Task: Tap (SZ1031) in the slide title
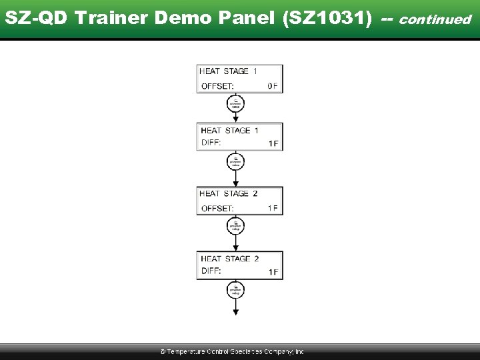327,18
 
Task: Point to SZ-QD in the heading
36,18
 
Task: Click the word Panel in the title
251,18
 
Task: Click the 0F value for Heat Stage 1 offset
272,86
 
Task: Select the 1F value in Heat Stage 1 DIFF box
273,143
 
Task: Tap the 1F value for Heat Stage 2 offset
272,208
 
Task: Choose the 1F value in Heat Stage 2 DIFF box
273,272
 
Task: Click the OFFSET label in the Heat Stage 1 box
217,86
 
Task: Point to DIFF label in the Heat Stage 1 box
211,143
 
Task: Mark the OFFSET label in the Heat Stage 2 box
217,208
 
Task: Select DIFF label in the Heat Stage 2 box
211,272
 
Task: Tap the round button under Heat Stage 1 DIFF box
235,161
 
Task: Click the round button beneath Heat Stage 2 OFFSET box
235,226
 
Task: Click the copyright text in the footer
231,351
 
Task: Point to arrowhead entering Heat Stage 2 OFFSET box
235,183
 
